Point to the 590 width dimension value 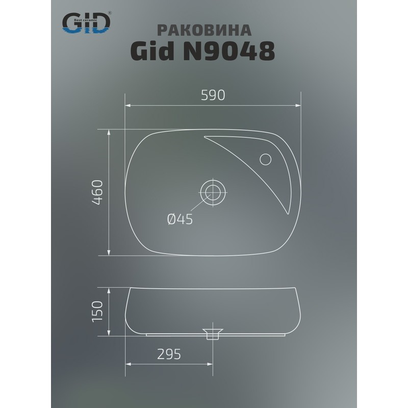212,95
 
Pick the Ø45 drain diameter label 180,219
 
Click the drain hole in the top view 212,192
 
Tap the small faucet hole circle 265,159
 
